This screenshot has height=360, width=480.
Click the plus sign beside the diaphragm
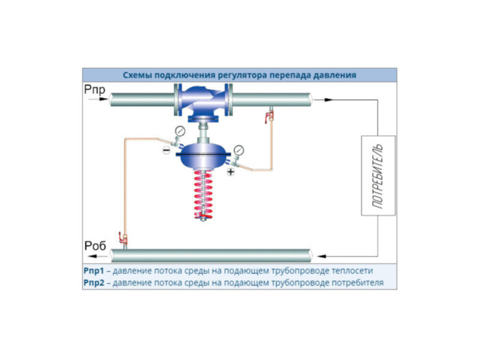pyautogui.click(x=230, y=173)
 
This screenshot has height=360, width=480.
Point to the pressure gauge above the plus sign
pyautogui.click(x=239, y=150)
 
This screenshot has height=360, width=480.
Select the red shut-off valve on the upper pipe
pyautogui.click(x=269, y=117)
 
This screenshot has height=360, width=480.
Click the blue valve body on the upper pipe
pyautogui.click(x=204, y=101)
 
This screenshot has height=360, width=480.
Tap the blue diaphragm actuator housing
pyautogui.click(x=203, y=152)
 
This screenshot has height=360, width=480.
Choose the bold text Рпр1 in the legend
pyautogui.click(x=95, y=271)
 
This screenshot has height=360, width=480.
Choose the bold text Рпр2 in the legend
pyautogui.click(x=95, y=282)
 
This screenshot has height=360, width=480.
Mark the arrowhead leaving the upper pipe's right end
pyautogui.click(x=328, y=100)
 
